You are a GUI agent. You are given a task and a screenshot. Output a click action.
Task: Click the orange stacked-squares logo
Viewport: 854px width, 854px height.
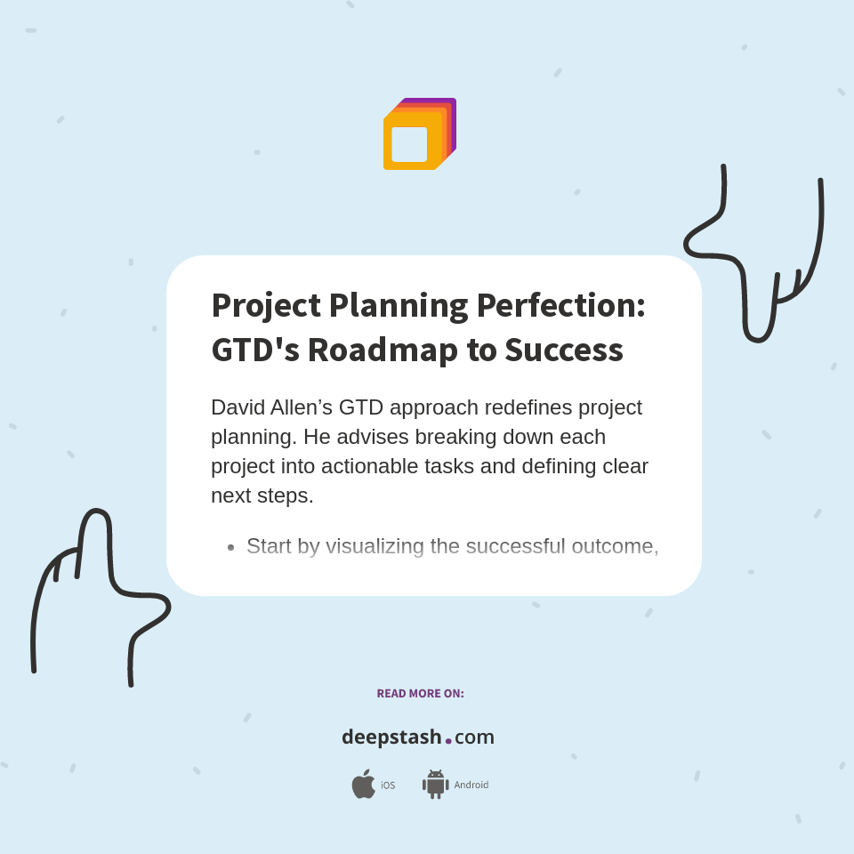pyautogui.click(x=419, y=133)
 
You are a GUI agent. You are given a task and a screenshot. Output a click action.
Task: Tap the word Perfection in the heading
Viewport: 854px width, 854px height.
pyautogui.click(x=560, y=305)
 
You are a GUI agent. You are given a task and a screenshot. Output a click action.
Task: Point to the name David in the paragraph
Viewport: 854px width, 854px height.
pyautogui.click(x=237, y=407)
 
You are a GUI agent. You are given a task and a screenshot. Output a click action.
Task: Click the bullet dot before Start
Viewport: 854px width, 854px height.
pyautogui.click(x=230, y=547)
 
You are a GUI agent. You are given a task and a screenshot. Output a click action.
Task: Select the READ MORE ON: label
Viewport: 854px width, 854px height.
pyautogui.click(x=420, y=693)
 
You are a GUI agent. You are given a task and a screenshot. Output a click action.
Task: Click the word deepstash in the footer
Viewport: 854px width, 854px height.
pyautogui.click(x=391, y=737)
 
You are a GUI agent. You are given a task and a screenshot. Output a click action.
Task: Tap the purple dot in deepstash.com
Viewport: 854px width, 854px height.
pyautogui.click(x=448, y=740)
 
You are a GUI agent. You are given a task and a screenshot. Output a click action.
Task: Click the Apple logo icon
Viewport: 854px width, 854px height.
pyautogui.click(x=363, y=785)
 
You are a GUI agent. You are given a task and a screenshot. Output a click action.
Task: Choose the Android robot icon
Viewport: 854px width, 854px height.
pyautogui.click(x=435, y=785)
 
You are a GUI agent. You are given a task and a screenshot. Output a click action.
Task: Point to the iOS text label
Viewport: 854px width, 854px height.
pyautogui.click(x=388, y=786)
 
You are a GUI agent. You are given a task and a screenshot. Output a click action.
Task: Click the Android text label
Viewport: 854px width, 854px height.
pyautogui.click(x=471, y=786)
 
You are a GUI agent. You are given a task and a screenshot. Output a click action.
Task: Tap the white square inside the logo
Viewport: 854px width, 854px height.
pyautogui.click(x=409, y=144)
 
